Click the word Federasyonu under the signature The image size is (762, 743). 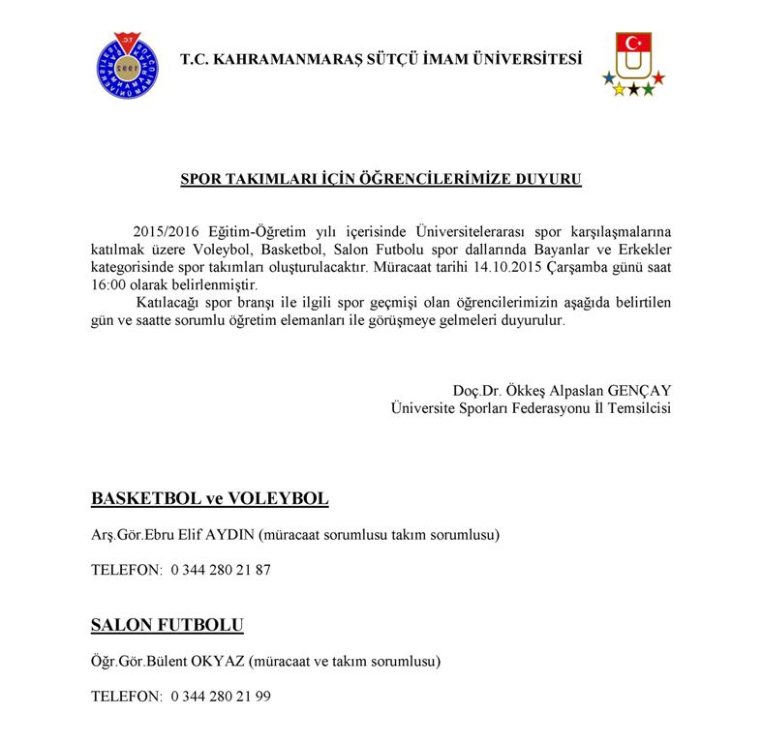547,408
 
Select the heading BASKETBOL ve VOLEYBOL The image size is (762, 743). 209,499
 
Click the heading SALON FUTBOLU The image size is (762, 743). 167,625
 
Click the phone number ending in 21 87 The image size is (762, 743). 220,570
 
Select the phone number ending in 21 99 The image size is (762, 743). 220,697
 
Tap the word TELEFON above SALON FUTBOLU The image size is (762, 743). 126,570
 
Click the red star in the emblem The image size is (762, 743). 658,77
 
